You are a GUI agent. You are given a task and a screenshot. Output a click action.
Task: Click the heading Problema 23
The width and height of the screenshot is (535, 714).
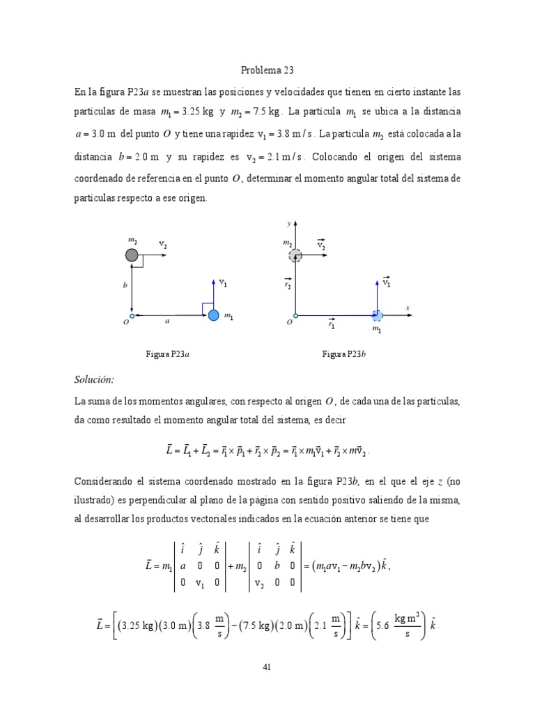(x=267, y=70)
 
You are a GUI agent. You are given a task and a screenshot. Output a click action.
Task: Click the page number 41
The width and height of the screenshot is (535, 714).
(x=267, y=667)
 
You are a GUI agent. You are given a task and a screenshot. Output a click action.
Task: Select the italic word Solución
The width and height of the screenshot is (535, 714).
(x=93, y=379)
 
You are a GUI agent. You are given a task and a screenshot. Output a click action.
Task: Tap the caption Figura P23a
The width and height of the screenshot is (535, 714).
(x=167, y=354)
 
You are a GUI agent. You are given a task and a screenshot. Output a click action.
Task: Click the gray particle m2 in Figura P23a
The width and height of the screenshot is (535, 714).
(x=132, y=255)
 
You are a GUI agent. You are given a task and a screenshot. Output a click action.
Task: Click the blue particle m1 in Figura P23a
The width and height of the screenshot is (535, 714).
(x=213, y=315)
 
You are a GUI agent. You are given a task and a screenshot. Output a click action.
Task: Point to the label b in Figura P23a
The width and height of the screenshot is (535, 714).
(x=125, y=286)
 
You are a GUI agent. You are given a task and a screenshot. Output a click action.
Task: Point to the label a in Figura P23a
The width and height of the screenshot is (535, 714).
(x=167, y=321)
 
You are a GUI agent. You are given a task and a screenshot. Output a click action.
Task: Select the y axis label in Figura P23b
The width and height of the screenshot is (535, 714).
(x=289, y=224)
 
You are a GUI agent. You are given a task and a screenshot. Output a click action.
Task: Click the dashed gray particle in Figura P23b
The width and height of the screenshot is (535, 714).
(x=296, y=255)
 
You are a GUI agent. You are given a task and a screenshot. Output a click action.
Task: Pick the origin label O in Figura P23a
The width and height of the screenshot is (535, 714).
(x=126, y=323)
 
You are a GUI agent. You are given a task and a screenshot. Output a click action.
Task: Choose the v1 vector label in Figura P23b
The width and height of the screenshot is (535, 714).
(x=387, y=282)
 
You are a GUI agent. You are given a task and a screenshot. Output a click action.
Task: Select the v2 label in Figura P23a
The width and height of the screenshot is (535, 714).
(x=163, y=245)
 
